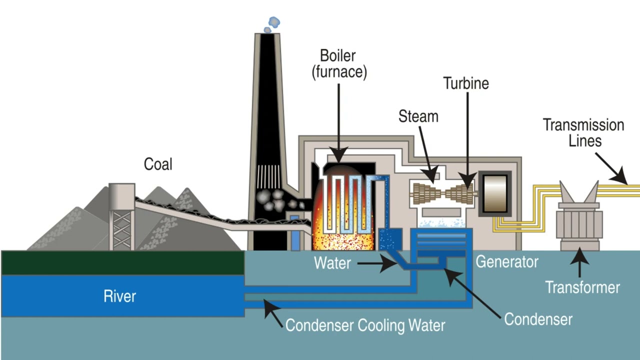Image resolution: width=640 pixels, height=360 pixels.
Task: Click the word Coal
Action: (x=158, y=164)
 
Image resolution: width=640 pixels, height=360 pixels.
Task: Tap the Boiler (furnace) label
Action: (x=339, y=64)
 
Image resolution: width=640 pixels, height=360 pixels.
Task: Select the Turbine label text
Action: (x=466, y=83)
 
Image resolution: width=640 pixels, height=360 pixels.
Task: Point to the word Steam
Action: (x=418, y=116)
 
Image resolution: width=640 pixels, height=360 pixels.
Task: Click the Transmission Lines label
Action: (x=583, y=132)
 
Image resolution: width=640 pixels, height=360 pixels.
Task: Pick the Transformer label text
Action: (x=582, y=287)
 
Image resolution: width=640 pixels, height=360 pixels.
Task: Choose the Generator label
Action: (x=506, y=261)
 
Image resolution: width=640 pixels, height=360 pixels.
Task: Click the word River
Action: (x=120, y=296)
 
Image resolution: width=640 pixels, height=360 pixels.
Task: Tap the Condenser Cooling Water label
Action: (x=365, y=325)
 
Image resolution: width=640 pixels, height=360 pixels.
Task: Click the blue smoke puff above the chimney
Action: (x=273, y=22)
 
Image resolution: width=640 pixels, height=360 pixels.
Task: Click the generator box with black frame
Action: (x=495, y=193)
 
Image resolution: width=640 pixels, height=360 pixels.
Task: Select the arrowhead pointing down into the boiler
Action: (x=338, y=156)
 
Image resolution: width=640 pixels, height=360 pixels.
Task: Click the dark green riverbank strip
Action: (x=122, y=263)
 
